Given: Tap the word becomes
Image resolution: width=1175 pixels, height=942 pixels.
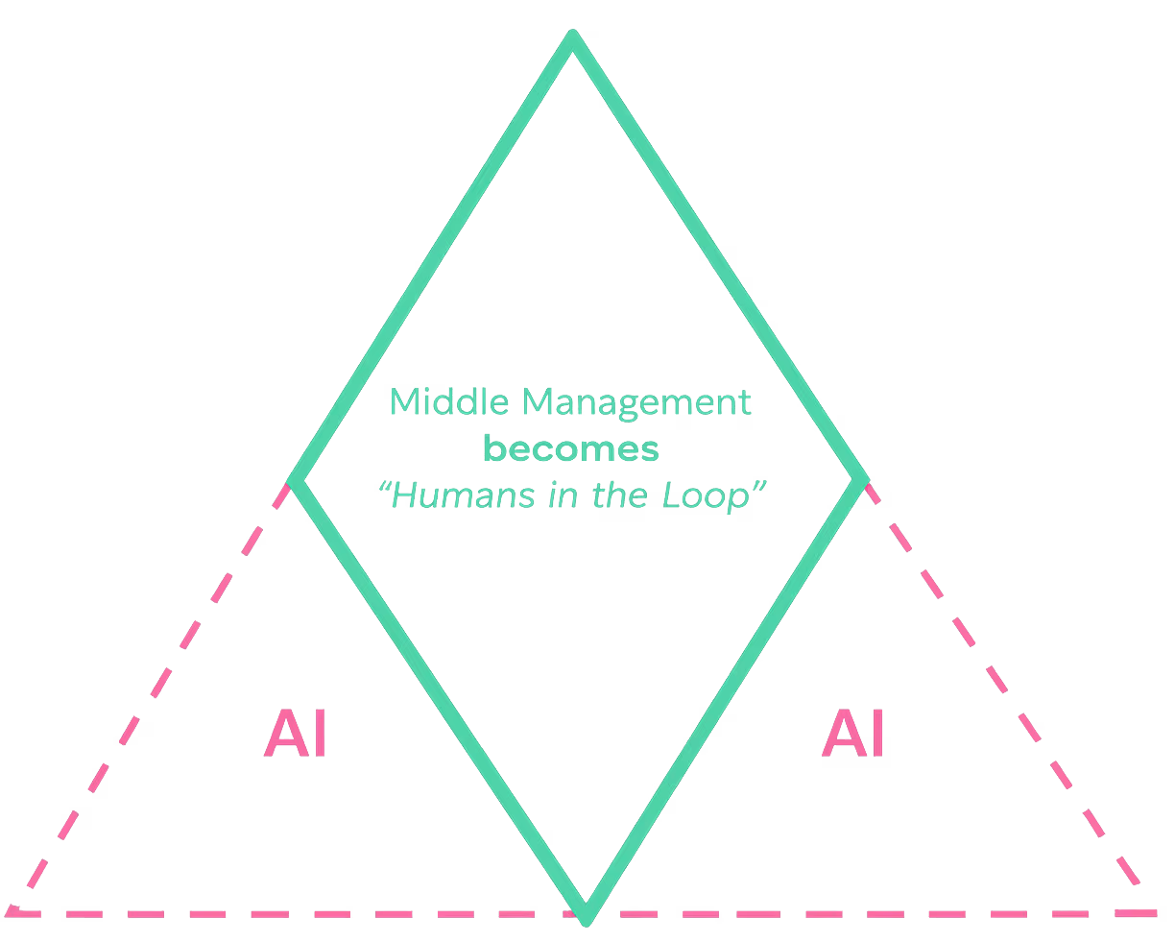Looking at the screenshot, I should (572, 448).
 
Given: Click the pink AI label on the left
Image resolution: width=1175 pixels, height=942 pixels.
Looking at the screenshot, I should (296, 735).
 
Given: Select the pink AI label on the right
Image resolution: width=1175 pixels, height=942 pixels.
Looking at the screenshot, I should (853, 735).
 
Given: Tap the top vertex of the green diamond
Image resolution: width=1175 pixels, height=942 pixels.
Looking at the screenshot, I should (573, 36).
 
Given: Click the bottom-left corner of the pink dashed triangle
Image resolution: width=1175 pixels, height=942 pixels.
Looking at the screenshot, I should (12, 911).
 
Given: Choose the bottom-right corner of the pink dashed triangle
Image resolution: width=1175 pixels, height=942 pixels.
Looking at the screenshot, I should (1152, 911).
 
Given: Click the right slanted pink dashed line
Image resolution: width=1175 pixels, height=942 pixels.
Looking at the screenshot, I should (1008, 696).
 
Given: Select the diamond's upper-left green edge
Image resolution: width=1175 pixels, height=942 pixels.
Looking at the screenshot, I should (433, 257).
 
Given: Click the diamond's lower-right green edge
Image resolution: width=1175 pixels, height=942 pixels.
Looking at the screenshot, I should (725, 699).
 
